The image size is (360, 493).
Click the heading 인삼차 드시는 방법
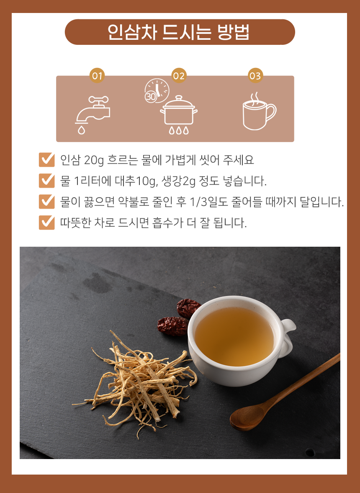tap(180, 32)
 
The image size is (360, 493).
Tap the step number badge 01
tap(97, 76)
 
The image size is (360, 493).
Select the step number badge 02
tap(179, 76)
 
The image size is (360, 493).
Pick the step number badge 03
tap(255, 76)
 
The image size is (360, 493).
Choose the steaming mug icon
tap(258, 111)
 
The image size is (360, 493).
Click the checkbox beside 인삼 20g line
tap(46, 160)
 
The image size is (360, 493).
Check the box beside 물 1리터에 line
tap(46, 181)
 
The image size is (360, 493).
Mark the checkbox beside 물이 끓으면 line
tap(46, 201)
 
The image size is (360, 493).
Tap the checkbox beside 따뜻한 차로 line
tap(46, 222)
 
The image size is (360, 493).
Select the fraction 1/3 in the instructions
tap(198, 202)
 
